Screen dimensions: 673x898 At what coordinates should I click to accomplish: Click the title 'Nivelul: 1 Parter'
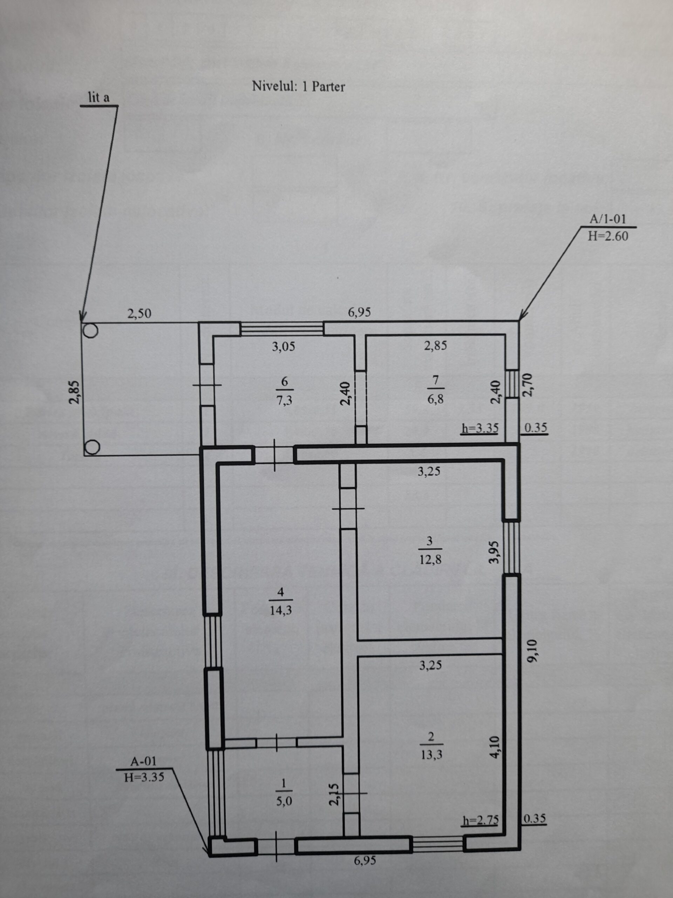(x=298, y=87)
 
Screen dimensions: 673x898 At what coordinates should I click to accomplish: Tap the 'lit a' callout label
(x=98, y=98)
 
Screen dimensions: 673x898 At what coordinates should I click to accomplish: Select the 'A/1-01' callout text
(x=608, y=219)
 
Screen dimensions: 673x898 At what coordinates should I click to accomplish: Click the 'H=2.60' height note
(x=608, y=236)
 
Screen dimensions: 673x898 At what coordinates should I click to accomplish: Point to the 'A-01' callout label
(x=143, y=761)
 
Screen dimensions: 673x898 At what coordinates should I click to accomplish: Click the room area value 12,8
(x=430, y=559)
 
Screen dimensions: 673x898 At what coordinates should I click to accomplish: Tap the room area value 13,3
(x=431, y=754)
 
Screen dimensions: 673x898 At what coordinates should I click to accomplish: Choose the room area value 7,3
(x=284, y=401)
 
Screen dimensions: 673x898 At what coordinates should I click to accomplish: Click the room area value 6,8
(x=436, y=400)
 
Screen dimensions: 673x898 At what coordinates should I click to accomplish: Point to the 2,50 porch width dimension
(x=139, y=313)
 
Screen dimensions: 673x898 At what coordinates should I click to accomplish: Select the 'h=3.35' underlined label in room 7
(x=480, y=428)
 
